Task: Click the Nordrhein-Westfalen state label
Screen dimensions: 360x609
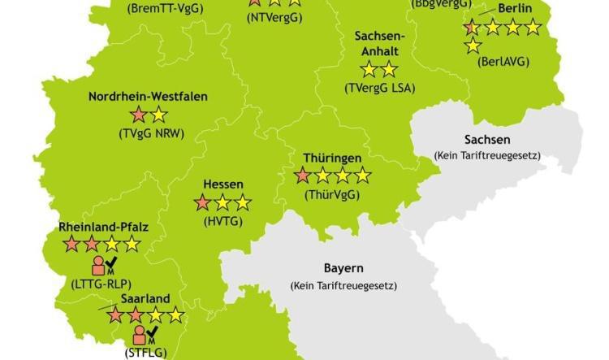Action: point(148,97)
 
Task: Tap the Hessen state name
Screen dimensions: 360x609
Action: point(223,185)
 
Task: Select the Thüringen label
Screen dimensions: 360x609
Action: point(332,157)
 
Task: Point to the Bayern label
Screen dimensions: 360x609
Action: point(343,268)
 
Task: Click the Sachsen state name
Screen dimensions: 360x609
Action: point(487,139)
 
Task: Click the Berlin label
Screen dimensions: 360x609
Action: point(515,9)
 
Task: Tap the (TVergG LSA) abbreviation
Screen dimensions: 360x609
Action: point(379,87)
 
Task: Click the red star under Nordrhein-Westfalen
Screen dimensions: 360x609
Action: point(139,115)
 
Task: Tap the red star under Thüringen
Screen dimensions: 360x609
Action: point(303,175)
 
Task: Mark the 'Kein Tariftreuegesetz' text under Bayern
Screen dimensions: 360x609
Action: point(343,286)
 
